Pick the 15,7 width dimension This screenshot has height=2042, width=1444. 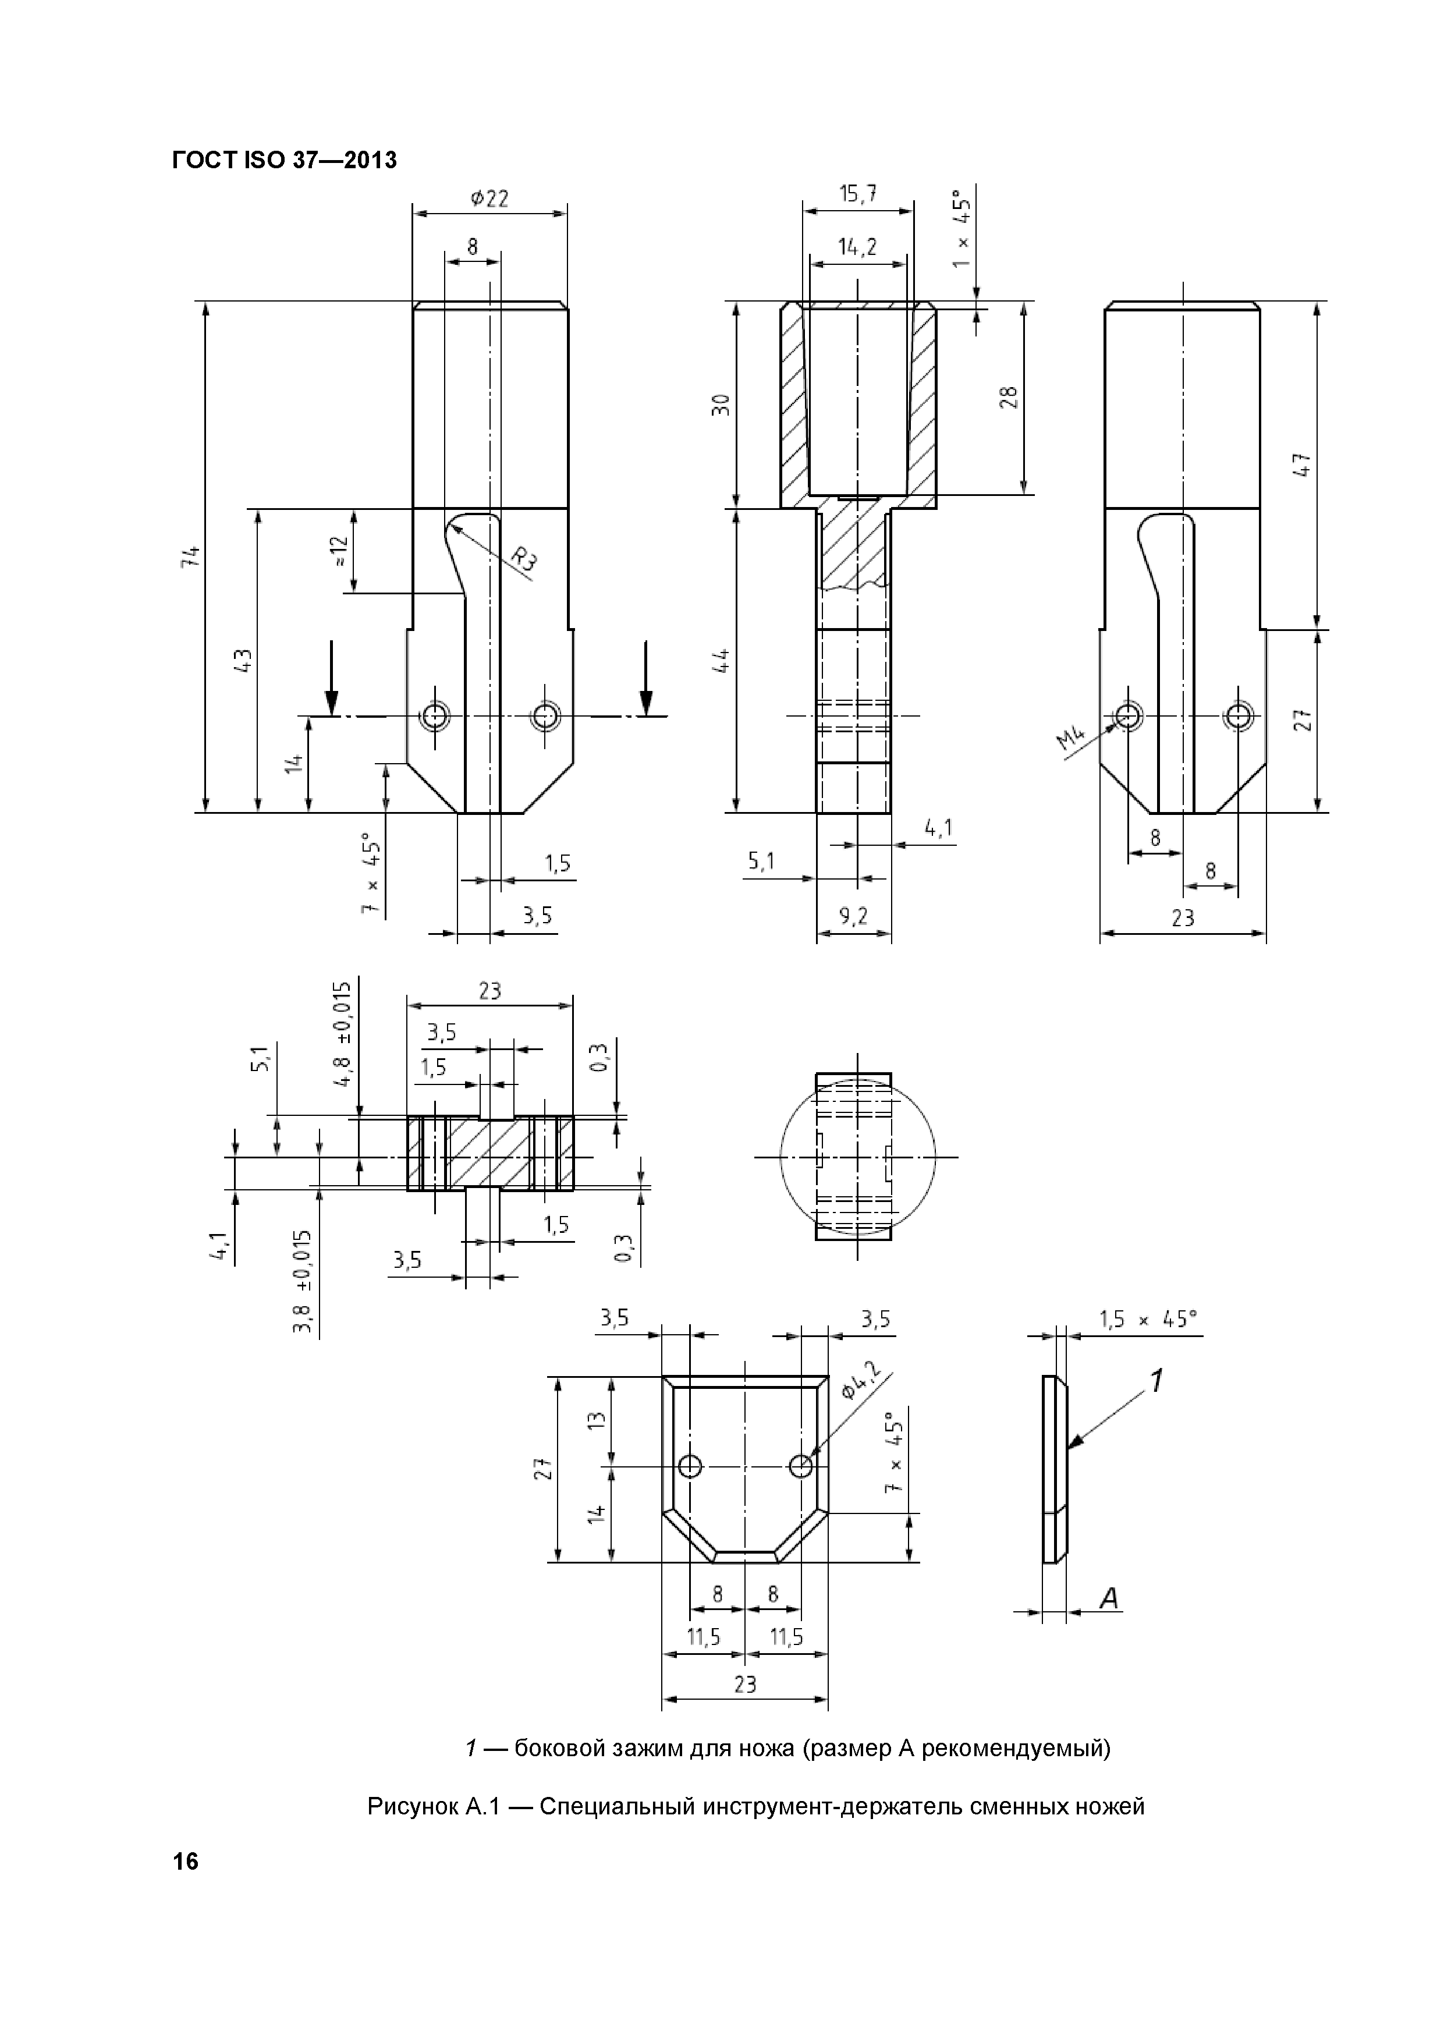[x=857, y=194]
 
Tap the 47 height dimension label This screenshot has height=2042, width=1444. [x=1302, y=465]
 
